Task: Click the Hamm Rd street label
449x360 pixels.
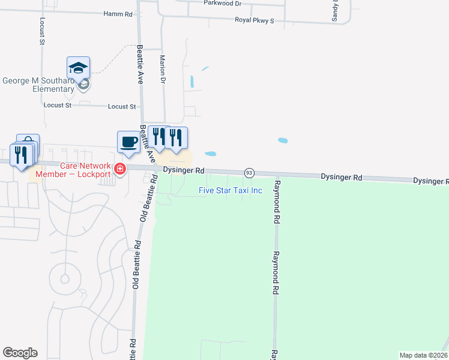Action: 118,13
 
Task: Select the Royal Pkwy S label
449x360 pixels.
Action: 254,21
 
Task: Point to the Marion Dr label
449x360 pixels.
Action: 162,68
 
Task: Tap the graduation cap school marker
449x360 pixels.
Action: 78,68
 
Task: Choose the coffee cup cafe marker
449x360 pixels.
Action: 128,142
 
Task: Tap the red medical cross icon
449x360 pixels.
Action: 120,170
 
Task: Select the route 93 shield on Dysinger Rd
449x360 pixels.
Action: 249,173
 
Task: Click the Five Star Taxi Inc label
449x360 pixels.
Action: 231,191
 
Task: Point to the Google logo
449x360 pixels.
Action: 20,353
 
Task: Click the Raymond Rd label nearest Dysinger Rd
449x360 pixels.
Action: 277,202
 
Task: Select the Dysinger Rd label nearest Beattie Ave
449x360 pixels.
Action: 184,171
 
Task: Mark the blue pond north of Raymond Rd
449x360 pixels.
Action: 283,141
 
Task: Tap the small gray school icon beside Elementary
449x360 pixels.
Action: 84,85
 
